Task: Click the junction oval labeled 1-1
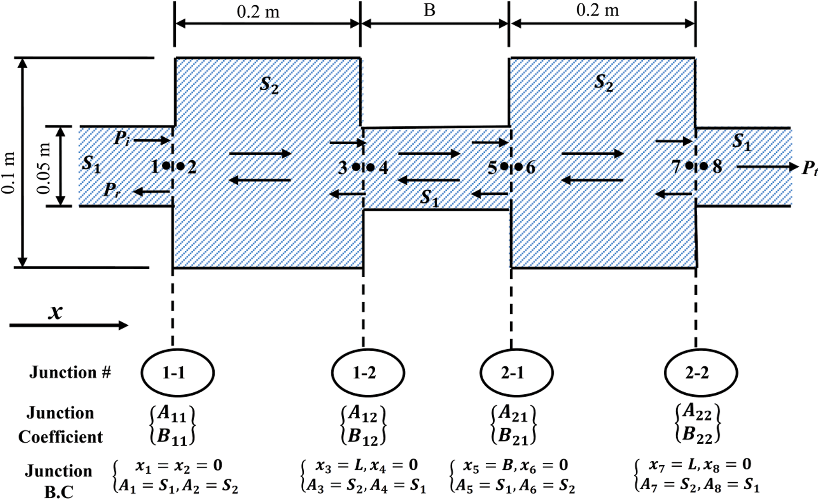click(177, 373)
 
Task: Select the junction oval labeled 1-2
click(368, 373)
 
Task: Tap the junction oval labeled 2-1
click(516, 373)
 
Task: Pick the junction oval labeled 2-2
click(701, 373)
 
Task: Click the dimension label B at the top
click(429, 10)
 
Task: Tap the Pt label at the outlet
click(809, 168)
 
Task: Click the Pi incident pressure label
click(121, 139)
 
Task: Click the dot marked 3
click(356, 166)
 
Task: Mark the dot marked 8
click(703, 166)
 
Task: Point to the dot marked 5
click(504, 166)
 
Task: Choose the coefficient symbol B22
click(697, 435)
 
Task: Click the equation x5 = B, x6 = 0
click(515, 465)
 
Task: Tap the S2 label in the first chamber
click(269, 85)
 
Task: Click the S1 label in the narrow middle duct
click(429, 197)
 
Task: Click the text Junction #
click(71, 373)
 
